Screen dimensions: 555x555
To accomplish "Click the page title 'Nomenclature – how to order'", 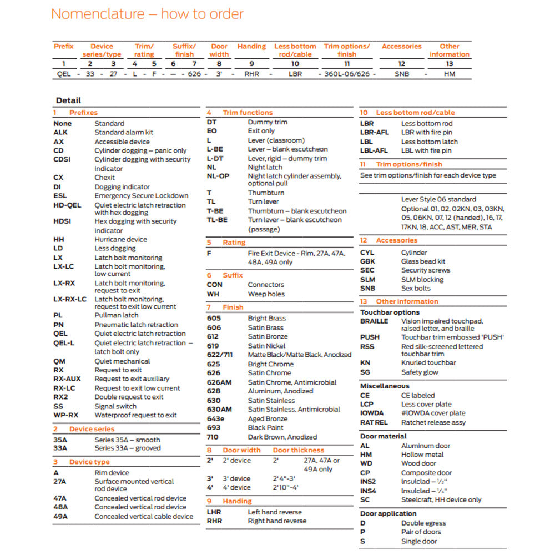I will pos(147,14).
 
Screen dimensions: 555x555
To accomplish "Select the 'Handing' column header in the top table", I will pos(251,47).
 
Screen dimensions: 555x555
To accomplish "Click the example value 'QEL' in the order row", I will pos(64,74).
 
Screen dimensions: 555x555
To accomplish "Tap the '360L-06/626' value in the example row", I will pos(347,74).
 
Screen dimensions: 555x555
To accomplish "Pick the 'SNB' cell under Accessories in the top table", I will pos(402,74).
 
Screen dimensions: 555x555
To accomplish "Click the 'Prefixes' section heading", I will pos(83,113).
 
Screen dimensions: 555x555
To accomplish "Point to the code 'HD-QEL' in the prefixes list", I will pos(67,205).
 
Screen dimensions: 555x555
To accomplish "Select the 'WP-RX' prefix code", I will pos(66,415).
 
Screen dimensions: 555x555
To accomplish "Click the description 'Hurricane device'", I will pos(120,240).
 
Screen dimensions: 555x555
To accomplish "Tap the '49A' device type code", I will pos(60,516).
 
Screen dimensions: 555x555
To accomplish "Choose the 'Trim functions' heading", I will pos(248,113).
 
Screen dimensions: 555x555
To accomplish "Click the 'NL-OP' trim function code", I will pos(218,176).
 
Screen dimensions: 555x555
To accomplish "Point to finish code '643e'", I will pos(216,418).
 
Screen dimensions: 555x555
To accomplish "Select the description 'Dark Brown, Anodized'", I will pos(282,437).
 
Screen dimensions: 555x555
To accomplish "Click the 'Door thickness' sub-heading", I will pos(299,450).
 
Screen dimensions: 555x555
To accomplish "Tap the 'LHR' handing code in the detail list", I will pos(215,512).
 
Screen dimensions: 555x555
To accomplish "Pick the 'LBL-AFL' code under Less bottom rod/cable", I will pos(374,150).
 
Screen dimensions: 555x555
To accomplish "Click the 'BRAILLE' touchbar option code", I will pos(374,321).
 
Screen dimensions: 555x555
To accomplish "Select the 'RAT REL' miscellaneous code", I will pos(374,422).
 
